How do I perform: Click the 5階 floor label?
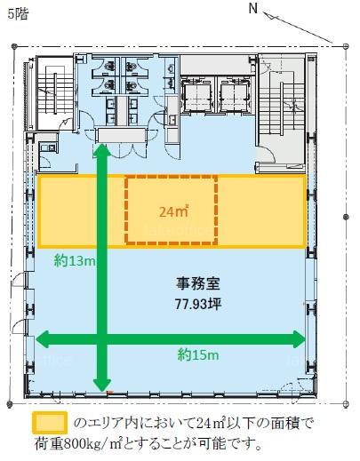click(x=18, y=14)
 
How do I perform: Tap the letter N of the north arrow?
click(x=252, y=9)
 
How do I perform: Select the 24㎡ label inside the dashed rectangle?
click(x=174, y=211)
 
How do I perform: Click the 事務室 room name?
click(x=198, y=284)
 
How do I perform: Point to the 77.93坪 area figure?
click(x=198, y=304)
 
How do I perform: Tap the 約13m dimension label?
click(x=75, y=261)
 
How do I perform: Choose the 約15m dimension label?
click(x=198, y=354)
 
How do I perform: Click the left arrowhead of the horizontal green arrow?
click(x=42, y=339)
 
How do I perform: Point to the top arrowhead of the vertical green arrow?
click(x=102, y=150)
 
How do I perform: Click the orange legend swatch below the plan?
click(x=50, y=423)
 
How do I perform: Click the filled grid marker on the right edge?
click(x=346, y=218)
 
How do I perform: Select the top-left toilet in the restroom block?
click(x=109, y=65)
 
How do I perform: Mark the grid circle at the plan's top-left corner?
click(x=14, y=46)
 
